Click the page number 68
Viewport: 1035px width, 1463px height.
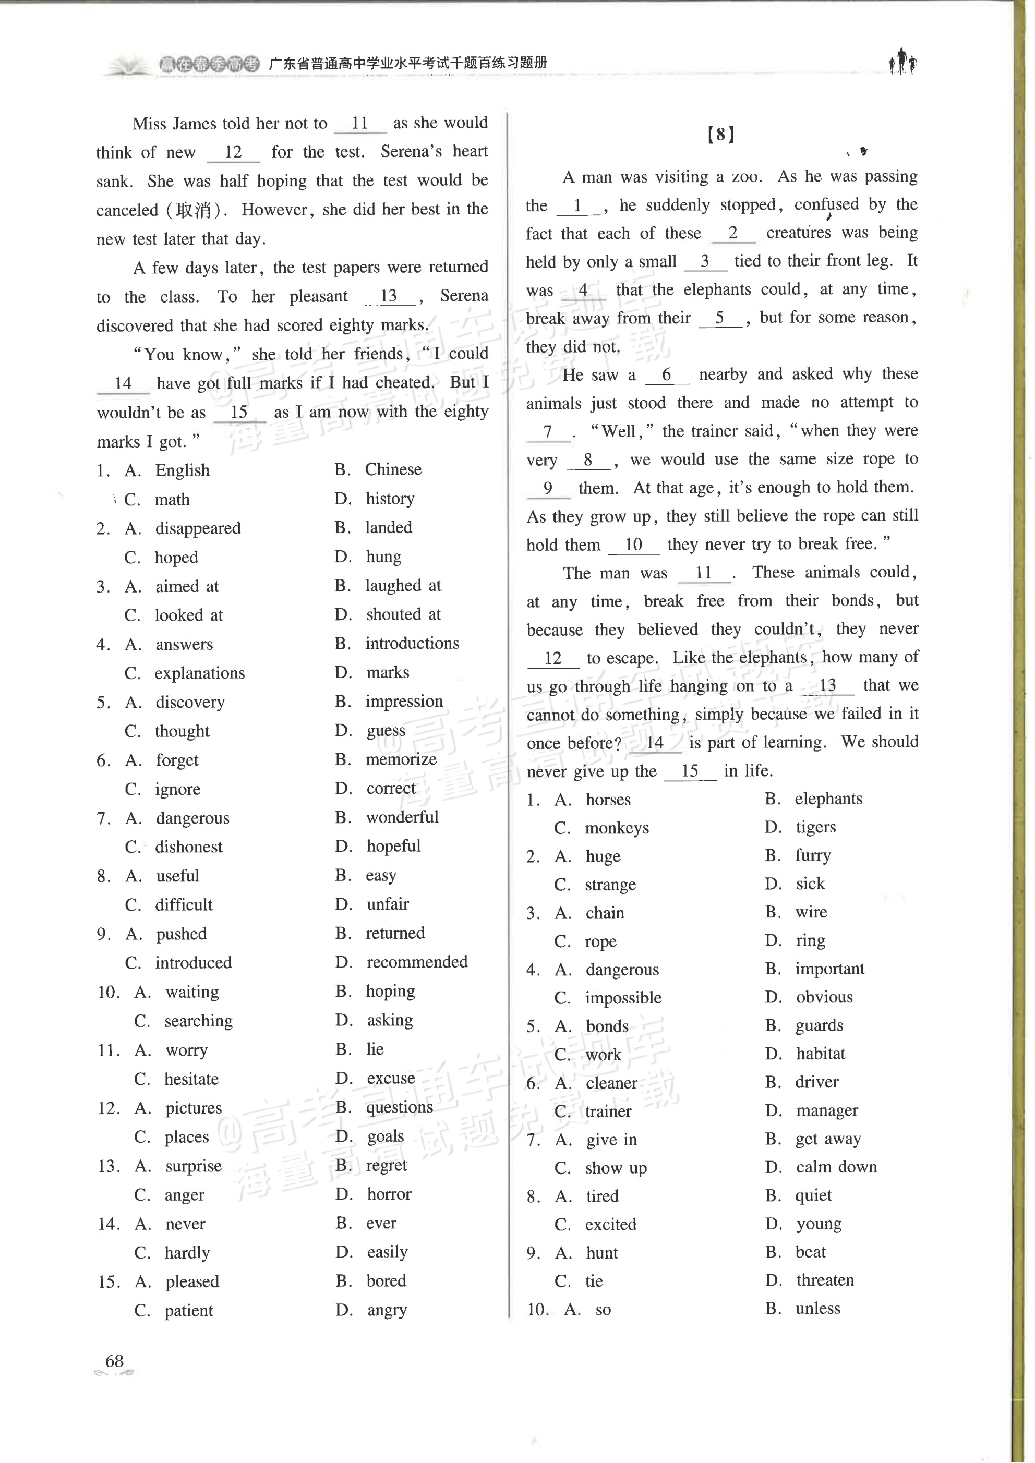point(114,1361)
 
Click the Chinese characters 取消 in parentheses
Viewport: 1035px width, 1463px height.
point(193,210)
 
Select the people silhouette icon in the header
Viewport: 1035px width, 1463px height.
point(902,62)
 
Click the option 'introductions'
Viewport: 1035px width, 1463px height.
point(411,644)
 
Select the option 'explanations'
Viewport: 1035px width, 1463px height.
point(199,673)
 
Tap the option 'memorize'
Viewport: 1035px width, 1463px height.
point(400,759)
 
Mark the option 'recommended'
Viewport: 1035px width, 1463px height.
point(416,962)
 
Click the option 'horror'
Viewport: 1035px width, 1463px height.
point(389,1194)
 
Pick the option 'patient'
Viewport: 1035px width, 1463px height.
point(189,1311)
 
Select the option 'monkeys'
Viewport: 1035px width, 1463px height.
point(616,828)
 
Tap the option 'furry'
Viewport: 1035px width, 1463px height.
point(813,855)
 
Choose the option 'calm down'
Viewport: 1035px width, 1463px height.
point(836,1167)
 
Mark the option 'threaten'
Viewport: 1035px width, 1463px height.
point(824,1280)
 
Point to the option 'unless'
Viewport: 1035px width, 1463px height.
point(817,1308)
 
